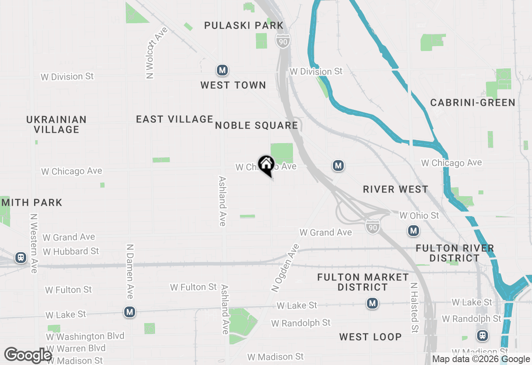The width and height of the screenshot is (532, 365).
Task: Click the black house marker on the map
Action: [x=266, y=164]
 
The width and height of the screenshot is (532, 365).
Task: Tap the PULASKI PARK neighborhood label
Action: [x=244, y=26]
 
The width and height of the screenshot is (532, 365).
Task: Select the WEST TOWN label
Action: [x=233, y=85]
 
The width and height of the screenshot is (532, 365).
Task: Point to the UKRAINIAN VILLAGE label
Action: [x=57, y=124]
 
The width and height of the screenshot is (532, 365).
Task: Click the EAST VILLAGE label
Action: [x=175, y=119]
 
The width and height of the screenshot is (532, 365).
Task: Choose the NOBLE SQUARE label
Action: [x=256, y=125]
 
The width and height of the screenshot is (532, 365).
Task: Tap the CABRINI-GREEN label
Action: [x=473, y=102]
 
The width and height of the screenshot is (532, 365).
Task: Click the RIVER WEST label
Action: [x=395, y=190]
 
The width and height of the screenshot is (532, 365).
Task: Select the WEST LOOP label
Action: [x=370, y=337]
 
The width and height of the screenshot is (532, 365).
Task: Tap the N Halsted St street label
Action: [x=414, y=308]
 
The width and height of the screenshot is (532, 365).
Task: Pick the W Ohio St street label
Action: [x=419, y=216]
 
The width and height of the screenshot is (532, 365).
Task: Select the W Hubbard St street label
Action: [x=71, y=251]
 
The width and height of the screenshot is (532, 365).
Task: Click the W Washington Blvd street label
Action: [x=85, y=336]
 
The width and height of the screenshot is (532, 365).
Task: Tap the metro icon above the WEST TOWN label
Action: [x=222, y=70]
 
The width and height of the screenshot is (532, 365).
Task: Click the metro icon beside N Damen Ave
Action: [x=130, y=312]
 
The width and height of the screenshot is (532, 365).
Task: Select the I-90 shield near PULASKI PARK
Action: [x=283, y=40]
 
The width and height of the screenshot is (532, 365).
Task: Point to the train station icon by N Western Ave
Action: [x=20, y=258]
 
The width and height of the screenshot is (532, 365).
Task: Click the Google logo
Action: [x=28, y=355]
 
